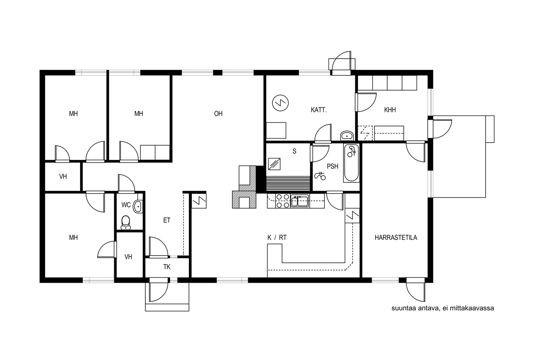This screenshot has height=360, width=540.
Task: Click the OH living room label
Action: (x=218, y=114)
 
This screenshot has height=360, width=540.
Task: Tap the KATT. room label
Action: (x=319, y=110)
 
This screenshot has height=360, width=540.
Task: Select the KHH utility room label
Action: (x=390, y=110)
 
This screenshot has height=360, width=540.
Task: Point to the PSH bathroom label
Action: (x=332, y=166)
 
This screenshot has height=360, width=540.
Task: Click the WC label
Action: (x=126, y=205)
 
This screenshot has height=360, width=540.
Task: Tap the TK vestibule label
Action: (x=167, y=267)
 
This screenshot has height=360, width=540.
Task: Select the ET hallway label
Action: (x=167, y=220)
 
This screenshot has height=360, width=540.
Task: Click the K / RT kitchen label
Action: (x=277, y=238)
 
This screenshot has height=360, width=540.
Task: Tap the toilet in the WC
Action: (x=126, y=222)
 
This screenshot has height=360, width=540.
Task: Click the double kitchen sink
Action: (x=300, y=201)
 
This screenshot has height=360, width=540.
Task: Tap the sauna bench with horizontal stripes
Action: (x=288, y=184)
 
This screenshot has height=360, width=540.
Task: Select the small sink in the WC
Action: (x=137, y=206)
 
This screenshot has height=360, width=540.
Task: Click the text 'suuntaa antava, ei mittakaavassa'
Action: (x=442, y=308)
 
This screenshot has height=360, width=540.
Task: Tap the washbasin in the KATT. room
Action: (x=347, y=136)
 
